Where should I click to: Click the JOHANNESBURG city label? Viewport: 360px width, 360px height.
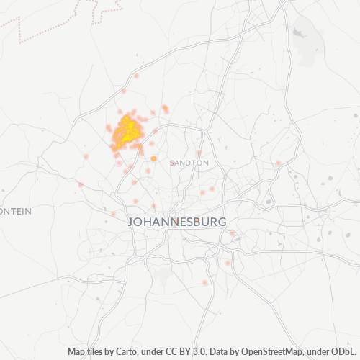[x=177, y=221]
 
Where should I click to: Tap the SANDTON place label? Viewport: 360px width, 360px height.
[x=190, y=163]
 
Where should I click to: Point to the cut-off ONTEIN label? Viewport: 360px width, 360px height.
[x=14, y=211]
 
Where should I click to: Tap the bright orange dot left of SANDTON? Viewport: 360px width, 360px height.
[x=153, y=158]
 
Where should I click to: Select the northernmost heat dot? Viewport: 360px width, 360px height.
[x=135, y=76]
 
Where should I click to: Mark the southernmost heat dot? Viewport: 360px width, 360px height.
[x=205, y=283]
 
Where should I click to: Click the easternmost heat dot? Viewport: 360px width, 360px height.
[x=278, y=163]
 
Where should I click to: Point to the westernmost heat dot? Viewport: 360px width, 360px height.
[x=81, y=185]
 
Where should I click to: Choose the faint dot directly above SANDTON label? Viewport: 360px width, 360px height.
[x=199, y=152]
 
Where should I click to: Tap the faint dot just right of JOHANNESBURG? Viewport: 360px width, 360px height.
[x=232, y=233]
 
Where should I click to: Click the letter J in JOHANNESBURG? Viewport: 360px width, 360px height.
[x=132, y=221]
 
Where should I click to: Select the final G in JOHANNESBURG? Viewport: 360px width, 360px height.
[x=222, y=221]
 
